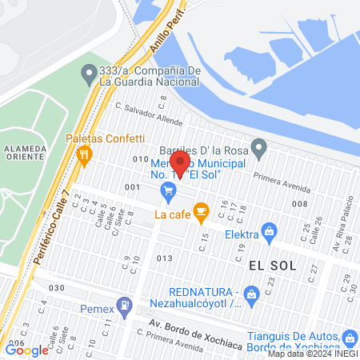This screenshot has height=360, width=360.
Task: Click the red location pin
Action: (x=181, y=163)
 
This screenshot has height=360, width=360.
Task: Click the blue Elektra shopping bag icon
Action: (x=270, y=234)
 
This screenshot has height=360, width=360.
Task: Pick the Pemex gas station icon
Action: (x=124, y=306)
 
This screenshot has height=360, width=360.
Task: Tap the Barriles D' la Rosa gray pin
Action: (x=258, y=146)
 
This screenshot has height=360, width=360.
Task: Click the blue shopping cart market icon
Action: (x=168, y=190)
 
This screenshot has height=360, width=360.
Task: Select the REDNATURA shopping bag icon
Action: (x=251, y=294)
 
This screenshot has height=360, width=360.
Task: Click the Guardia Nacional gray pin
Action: (x=88, y=75)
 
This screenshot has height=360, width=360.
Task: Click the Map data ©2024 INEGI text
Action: (x=312, y=354)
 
